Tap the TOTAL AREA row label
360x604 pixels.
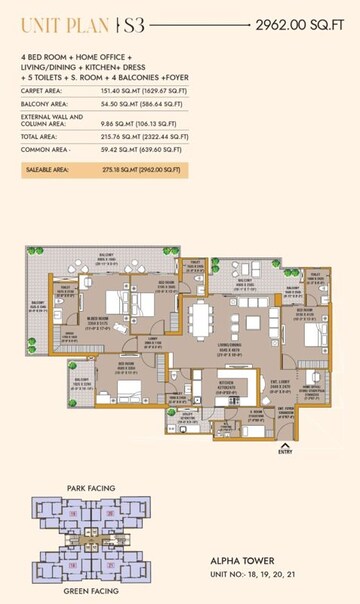[39, 135]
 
